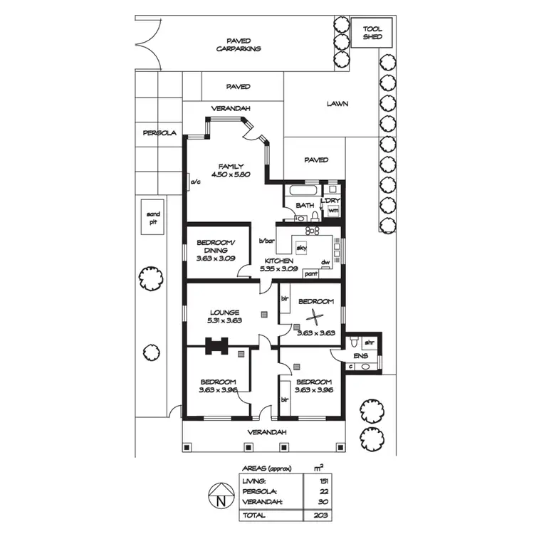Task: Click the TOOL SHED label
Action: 372,33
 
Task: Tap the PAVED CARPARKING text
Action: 239,45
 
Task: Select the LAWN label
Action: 337,103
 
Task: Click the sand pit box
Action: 153,217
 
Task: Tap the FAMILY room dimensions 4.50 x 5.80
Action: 231,174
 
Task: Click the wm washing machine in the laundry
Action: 333,211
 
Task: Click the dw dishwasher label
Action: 325,262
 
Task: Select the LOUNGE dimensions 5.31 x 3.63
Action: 225,321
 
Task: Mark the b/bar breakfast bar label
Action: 266,241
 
